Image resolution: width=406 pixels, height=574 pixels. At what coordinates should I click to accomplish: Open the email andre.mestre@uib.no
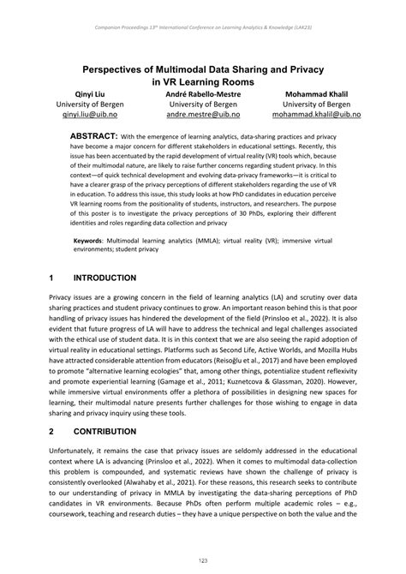pyautogui.click(x=203, y=113)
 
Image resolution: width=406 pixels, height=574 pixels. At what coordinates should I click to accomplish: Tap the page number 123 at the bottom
pyautogui.click(x=203, y=560)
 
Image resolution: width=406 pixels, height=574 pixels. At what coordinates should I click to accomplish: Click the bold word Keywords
pyautogui.click(x=89, y=242)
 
